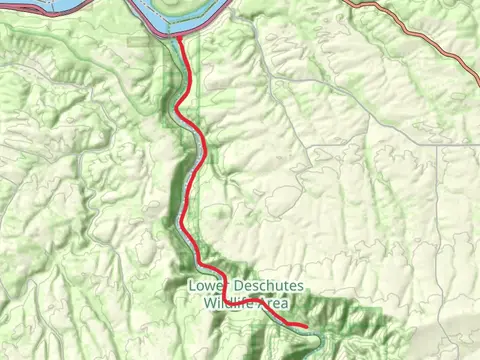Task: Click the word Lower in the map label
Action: click(x=205, y=286)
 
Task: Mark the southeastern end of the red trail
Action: click(x=304, y=327)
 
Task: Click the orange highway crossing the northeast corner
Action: click(x=420, y=30)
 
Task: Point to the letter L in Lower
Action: click(x=192, y=286)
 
